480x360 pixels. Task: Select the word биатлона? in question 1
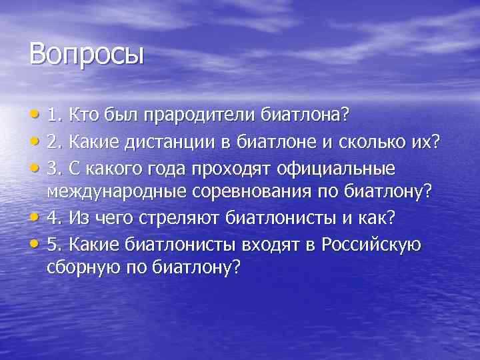306,115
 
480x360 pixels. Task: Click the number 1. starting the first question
56,115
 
